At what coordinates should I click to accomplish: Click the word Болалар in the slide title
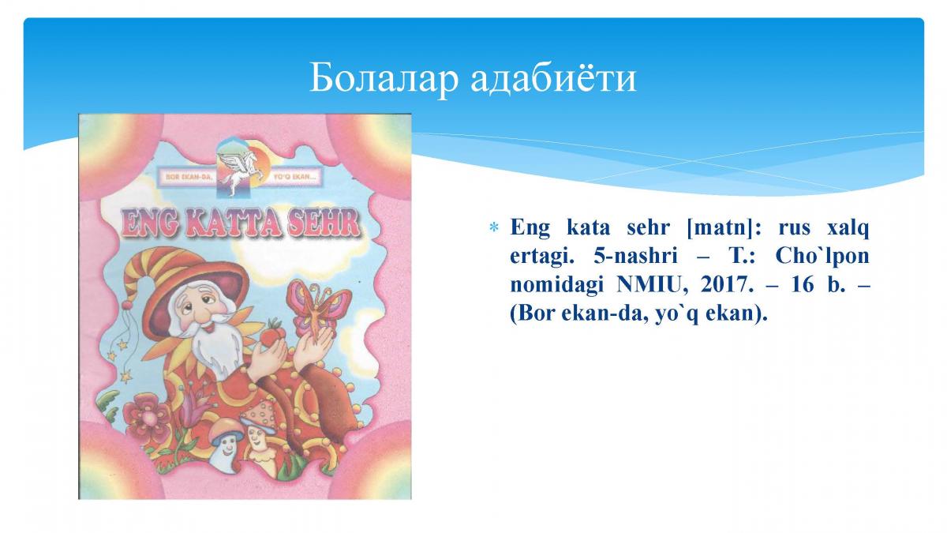384,77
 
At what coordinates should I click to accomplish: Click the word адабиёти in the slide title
553,77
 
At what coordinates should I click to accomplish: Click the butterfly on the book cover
318,307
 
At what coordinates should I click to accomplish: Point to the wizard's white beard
214,345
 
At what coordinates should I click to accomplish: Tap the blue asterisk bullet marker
493,228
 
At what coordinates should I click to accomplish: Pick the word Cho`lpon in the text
822,256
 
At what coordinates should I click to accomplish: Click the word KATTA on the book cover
233,223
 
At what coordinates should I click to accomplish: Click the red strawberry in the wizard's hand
271,332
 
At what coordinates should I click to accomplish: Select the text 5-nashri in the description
635,257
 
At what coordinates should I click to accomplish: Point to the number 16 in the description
802,285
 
